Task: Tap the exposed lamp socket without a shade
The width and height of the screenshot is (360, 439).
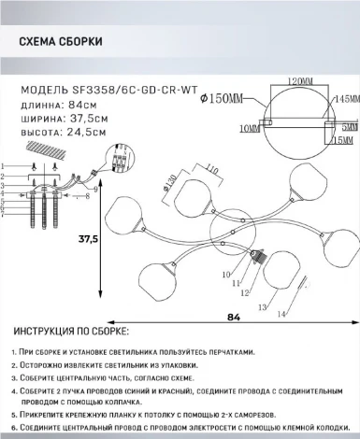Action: [x=262, y=257]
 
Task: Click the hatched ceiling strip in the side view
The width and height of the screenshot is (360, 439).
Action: [x=52, y=150]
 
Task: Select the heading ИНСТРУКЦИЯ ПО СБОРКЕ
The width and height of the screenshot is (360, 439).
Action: [x=71, y=333]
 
